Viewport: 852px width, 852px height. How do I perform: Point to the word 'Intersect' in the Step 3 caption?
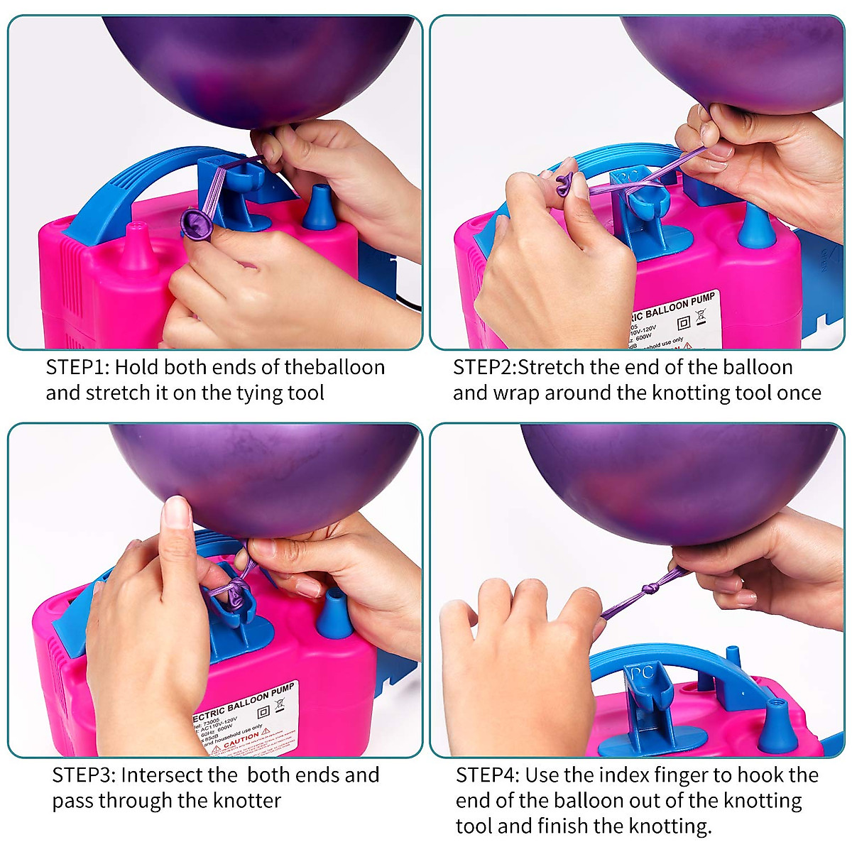coord(168,775)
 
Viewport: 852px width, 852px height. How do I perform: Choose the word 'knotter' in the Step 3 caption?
coord(246,801)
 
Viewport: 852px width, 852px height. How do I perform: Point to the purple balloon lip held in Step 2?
coord(564,187)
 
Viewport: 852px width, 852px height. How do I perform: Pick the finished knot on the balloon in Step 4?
coord(650,590)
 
